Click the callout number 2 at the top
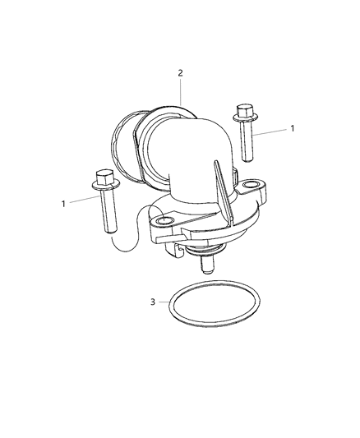(181, 73)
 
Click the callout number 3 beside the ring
(153, 302)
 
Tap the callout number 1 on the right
(292, 128)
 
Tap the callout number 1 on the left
(63, 204)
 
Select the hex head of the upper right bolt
(245, 111)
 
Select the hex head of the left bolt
(104, 177)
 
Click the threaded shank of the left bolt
(108, 210)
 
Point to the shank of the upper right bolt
(247, 141)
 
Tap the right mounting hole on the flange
(250, 185)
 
